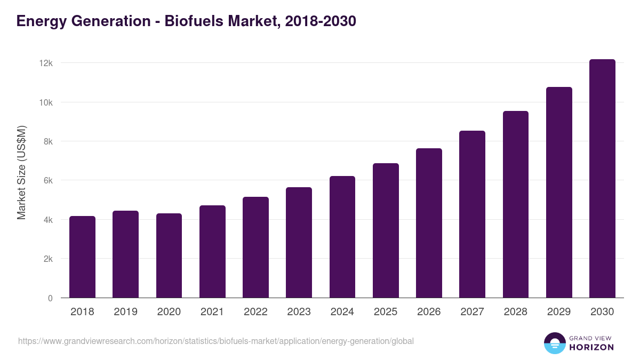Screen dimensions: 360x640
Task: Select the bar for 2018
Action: (82, 257)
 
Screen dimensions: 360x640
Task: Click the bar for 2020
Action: (169, 255)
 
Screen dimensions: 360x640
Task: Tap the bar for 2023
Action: (299, 243)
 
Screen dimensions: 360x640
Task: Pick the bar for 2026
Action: (429, 223)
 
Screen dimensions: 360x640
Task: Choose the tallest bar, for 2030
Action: (602, 179)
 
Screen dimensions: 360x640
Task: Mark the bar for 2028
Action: (516, 204)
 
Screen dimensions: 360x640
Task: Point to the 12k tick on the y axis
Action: (46, 63)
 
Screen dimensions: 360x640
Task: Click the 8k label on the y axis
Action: (47, 141)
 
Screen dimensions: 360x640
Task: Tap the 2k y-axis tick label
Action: (47, 259)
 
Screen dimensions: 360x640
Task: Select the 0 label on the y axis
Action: (50, 298)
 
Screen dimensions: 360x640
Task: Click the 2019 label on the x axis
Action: (125, 312)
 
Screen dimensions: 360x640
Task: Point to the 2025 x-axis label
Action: (386, 312)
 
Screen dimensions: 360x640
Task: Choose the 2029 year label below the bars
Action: (559, 312)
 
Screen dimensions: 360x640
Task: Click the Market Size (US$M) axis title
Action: (21, 173)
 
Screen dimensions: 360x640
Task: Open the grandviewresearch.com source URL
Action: (215, 341)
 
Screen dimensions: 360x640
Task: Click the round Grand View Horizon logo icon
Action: (554, 343)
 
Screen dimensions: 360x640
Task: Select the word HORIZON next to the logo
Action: (591, 347)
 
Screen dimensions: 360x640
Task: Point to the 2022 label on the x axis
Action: (255, 312)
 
